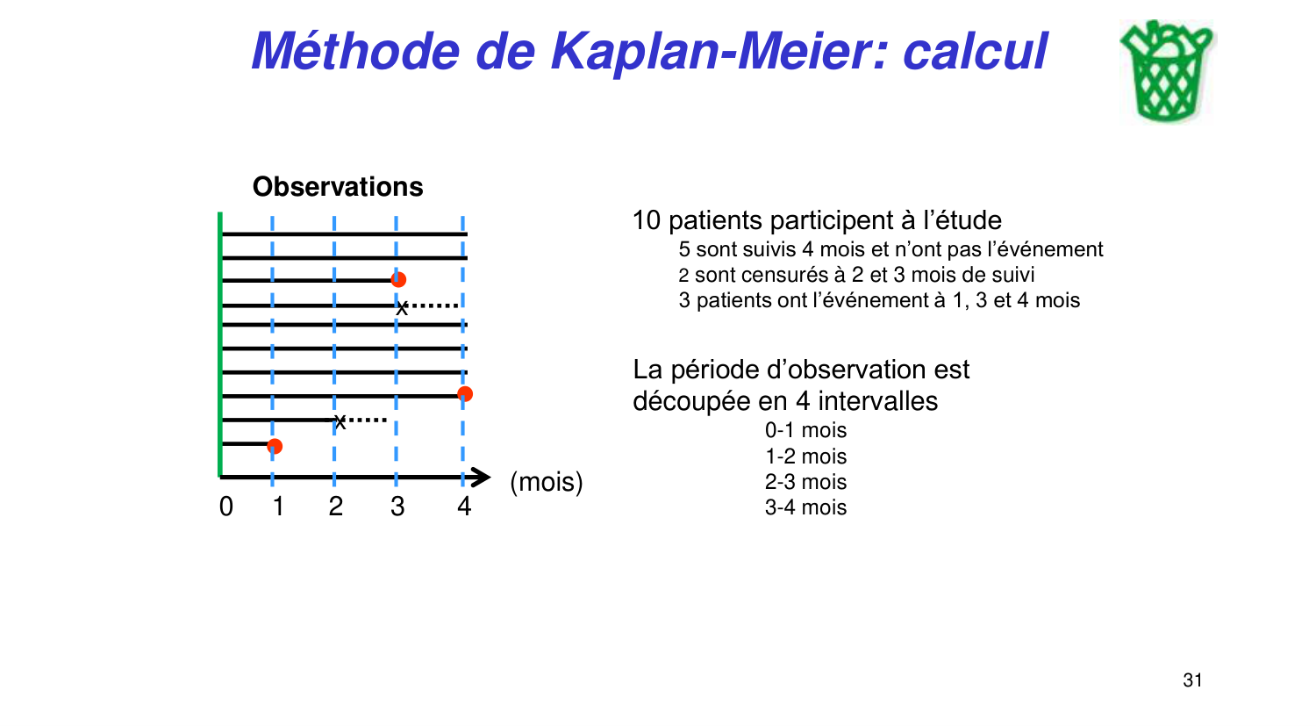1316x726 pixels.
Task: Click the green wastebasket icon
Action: (x=1166, y=72)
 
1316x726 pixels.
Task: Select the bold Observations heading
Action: (x=338, y=187)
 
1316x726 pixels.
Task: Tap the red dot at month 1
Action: (x=275, y=446)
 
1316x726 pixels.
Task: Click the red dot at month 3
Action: (x=398, y=279)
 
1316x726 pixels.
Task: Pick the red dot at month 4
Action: (x=465, y=393)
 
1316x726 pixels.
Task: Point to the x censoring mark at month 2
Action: (x=340, y=422)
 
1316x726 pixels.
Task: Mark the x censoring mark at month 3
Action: (x=402, y=308)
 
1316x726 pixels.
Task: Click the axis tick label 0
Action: (x=226, y=507)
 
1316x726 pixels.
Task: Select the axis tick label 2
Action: (x=335, y=507)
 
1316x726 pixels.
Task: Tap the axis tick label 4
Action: (x=464, y=507)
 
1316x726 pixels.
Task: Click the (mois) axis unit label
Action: (x=546, y=482)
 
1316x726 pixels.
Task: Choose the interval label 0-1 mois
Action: (x=805, y=430)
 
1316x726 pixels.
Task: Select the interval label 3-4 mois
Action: (x=805, y=507)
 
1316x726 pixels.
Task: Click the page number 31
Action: (x=1192, y=680)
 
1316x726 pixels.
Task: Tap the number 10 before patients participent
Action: (x=646, y=220)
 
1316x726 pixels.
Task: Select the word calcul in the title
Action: (x=975, y=51)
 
